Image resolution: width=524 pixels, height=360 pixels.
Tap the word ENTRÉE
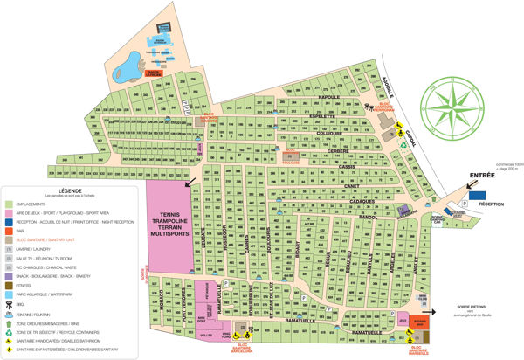point(484,175)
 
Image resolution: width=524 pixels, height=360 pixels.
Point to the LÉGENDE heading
point(69,189)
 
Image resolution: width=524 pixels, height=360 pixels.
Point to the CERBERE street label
point(339,151)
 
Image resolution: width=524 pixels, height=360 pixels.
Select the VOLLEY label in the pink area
point(207,334)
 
